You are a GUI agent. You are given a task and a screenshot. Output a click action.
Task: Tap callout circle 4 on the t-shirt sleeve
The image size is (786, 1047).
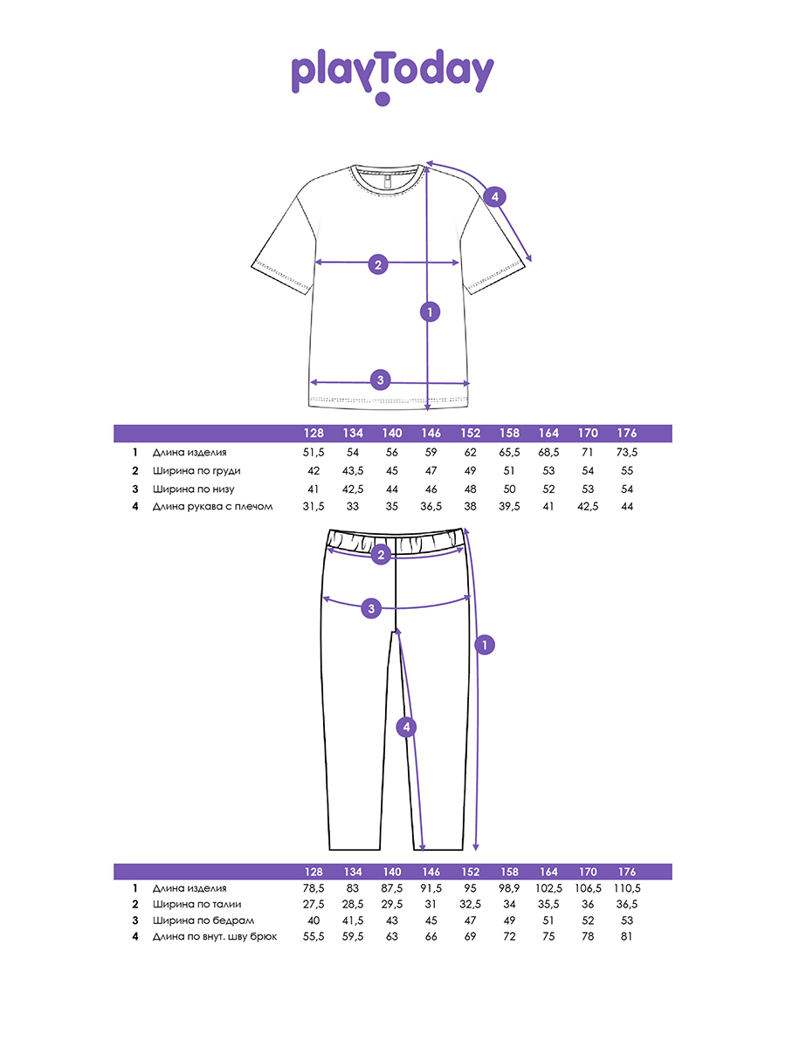click(494, 197)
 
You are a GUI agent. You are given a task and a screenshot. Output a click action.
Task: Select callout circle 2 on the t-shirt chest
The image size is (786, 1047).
click(378, 264)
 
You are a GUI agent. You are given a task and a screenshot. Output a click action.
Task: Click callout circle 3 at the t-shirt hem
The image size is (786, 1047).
click(380, 380)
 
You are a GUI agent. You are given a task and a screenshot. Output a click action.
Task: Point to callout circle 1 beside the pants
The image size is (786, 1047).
click(485, 645)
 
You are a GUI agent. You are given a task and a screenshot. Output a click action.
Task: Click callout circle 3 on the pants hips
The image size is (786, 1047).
click(371, 607)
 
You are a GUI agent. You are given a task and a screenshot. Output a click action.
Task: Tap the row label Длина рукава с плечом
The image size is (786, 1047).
click(213, 507)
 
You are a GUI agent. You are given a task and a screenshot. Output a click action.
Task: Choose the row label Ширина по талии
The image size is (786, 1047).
click(196, 904)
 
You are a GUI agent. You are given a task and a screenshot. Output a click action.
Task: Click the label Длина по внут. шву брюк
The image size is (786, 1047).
click(215, 936)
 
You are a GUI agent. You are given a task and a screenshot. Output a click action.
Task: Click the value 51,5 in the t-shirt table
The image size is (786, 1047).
click(313, 453)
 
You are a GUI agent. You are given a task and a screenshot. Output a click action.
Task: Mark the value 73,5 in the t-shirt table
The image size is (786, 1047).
click(626, 453)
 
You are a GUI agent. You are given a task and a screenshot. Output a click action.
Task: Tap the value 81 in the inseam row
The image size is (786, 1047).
click(626, 936)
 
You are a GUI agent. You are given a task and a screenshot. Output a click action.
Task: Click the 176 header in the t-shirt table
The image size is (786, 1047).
click(626, 434)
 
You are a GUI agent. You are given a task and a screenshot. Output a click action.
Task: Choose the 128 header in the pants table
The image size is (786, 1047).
click(314, 872)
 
